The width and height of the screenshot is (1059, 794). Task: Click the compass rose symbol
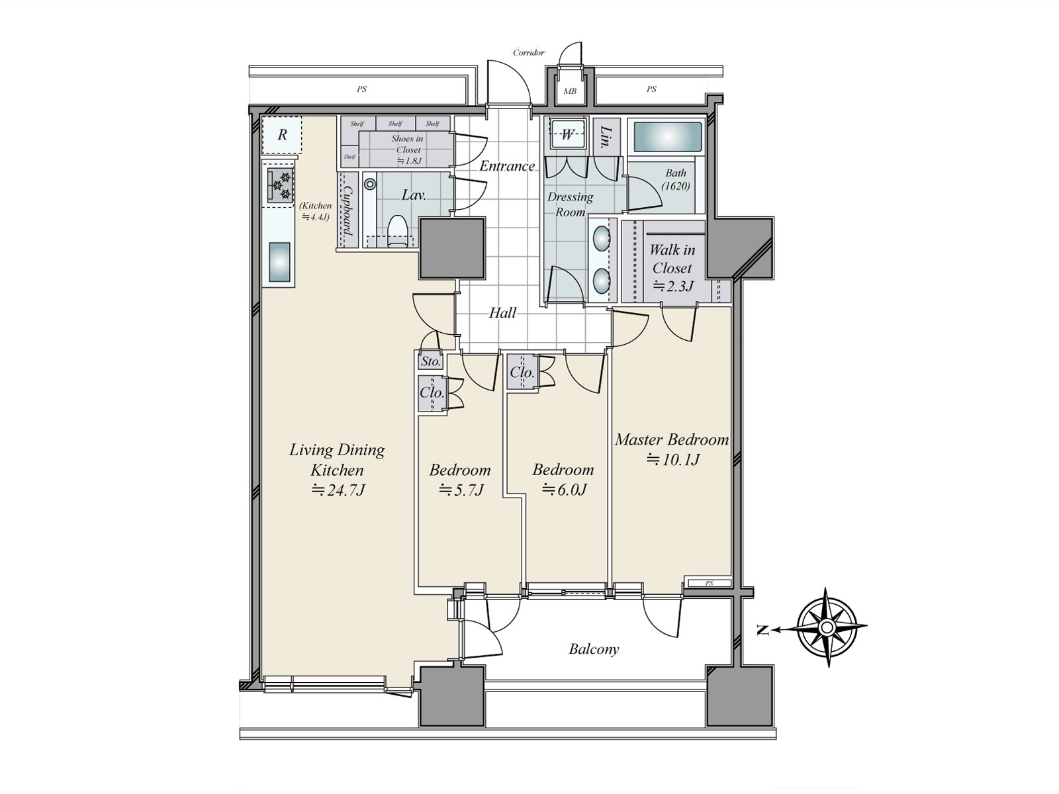827,627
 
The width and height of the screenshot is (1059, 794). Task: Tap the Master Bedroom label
672,439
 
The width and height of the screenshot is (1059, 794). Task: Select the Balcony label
594,649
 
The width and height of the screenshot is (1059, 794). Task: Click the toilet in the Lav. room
398,232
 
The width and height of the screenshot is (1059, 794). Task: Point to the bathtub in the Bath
668,138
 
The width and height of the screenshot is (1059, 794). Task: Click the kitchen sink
279,262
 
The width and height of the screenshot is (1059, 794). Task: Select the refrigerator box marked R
282,134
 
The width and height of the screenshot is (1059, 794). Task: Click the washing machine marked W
567,134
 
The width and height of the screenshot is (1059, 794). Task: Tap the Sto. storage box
431,361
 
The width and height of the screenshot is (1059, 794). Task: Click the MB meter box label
570,91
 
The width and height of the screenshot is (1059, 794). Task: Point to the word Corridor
529,52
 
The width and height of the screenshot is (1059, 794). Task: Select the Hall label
502,314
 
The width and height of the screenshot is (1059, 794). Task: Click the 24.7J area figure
338,491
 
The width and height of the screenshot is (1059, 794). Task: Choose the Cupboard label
347,210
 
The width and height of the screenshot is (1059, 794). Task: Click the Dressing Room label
571,204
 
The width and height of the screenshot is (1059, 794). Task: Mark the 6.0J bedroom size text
564,490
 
